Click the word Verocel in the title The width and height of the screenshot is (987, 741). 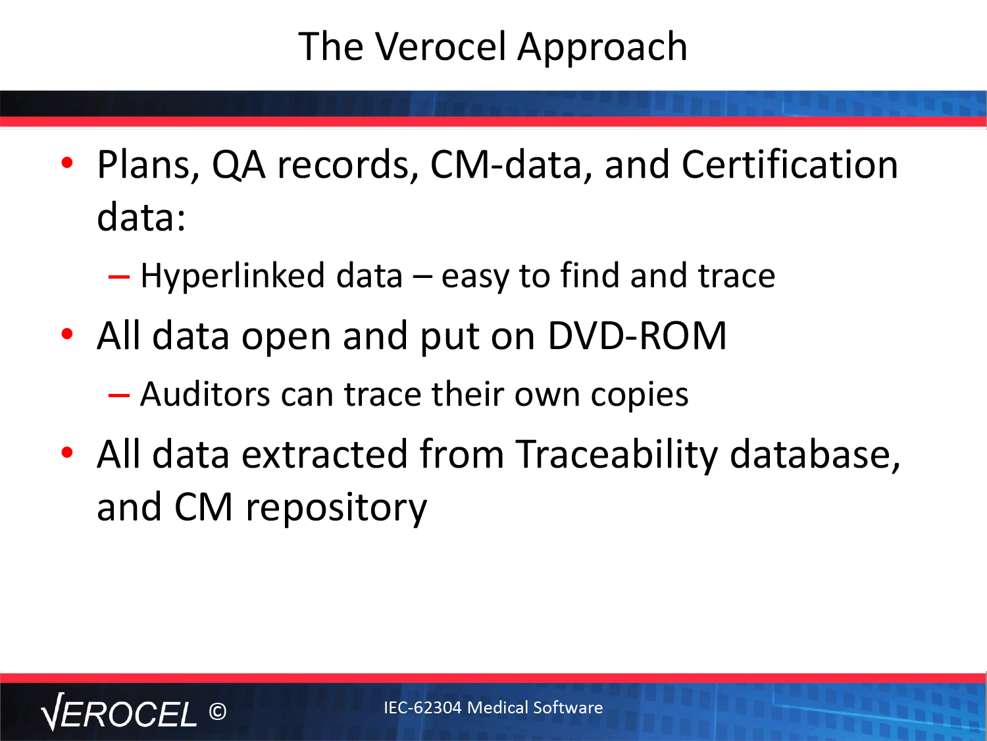tap(441, 46)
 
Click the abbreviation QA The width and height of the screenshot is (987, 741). tap(239, 165)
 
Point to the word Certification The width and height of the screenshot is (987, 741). tap(790, 164)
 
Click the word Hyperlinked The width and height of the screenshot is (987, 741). tap(232, 276)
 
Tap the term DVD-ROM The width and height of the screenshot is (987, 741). tap(637, 336)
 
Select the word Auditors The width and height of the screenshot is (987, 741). tap(205, 395)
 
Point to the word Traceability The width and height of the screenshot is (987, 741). tap(617, 455)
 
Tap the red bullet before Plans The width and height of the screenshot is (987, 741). tap(67, 163)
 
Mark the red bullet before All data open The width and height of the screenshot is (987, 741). tap(67, 334)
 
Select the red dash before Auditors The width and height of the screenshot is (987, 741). tap(119, 396)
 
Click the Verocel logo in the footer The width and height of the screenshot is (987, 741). tap(119, 712)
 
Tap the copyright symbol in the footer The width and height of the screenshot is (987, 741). tap(218, 711)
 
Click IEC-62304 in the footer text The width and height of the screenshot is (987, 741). tap(422, 707)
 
